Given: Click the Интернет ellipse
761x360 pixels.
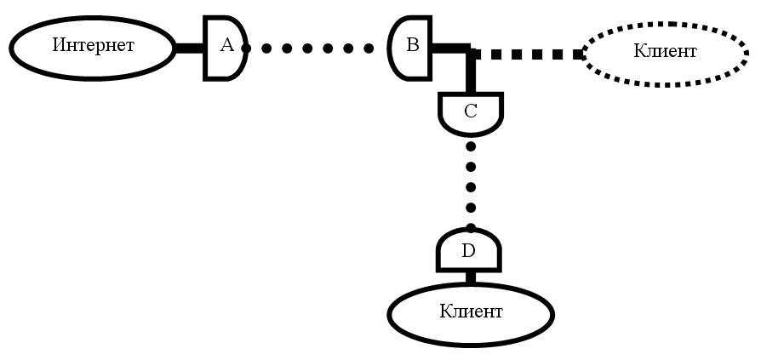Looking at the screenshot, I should point(92,45).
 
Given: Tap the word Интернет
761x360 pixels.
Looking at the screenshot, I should point(93,45).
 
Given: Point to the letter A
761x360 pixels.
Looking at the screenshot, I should point(226,46).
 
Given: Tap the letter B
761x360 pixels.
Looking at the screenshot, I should point(412,45).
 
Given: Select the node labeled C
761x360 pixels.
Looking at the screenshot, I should point(471,114).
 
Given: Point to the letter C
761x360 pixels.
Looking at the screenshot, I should point(471,111).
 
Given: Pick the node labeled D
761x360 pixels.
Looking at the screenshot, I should point(469,251).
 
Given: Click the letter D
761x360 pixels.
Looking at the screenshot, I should point(468,251).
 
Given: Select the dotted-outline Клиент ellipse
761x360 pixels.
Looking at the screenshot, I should point(665,52).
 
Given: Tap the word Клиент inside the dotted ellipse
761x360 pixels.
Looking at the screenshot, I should point(665,52).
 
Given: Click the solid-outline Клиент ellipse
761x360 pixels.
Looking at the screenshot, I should point(471,312).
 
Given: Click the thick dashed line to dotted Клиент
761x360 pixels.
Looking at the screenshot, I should point(528,54).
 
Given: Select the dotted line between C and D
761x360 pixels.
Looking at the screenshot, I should point(471,186).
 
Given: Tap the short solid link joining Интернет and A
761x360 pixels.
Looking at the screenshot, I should point(189,48).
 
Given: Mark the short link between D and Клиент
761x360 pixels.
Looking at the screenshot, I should point(469,277).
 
